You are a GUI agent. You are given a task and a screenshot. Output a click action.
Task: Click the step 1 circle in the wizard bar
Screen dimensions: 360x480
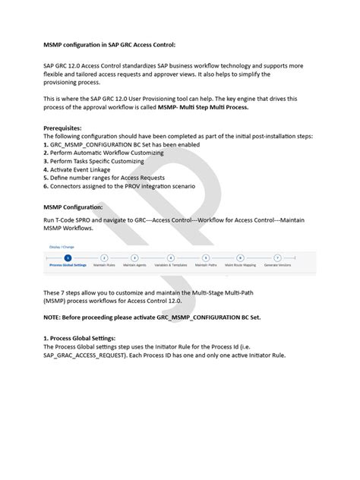pos(68,258)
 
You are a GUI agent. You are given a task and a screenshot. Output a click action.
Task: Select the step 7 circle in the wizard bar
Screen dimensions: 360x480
pos(277,258)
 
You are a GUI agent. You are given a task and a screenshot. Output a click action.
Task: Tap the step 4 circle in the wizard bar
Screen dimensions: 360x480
pos(171,258)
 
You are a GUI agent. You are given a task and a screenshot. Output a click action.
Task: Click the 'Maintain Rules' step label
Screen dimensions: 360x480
pos(104,266)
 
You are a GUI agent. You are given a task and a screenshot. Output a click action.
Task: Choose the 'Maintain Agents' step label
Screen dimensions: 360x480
pos(134,266)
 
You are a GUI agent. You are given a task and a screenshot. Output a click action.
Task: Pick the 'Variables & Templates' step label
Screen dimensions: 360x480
pos(171,266)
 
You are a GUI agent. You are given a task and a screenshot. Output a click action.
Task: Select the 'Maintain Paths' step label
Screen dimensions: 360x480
pos(206,266)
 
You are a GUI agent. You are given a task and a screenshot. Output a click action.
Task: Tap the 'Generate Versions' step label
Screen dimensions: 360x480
pos(277,266)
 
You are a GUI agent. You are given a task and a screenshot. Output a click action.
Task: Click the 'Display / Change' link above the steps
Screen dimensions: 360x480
pos(62,247)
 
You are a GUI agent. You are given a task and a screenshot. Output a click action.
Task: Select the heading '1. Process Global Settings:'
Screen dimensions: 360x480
pos(88,338)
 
